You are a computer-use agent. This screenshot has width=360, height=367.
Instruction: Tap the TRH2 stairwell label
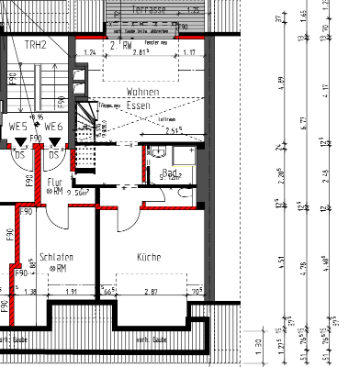pyautogui.click(x=35, y=44)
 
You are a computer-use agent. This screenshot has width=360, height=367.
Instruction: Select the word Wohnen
pyautogui.click(x=143, y=94)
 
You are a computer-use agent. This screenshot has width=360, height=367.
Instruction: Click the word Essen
pyautogui.click(x=139, y=106)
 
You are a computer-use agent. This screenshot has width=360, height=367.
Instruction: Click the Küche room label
pyautogui.click(x=148, y=258)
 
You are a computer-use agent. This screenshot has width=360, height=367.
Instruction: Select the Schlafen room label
pyautogui.click(x=57, y=258)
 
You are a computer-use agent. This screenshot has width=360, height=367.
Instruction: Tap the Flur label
pyautogui.click(x=55, y=182)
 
